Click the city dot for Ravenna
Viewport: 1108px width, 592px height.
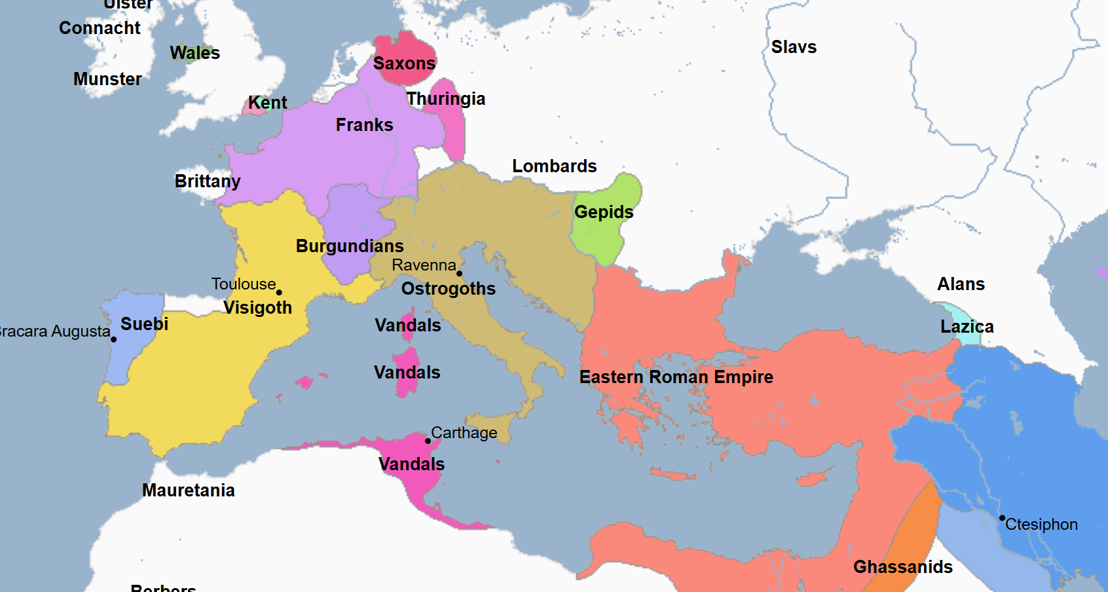pos(459,274)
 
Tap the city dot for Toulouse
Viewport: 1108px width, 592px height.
pos(279,293)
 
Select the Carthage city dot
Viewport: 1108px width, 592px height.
pos(428,441)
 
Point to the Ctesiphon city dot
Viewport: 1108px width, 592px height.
pos(1002,518)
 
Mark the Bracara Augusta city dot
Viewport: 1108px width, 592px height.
pos(113,339)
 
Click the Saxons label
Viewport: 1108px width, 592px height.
pos(404,64)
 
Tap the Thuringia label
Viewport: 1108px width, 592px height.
pos(445,99)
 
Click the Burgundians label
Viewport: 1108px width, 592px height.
pos(350,246)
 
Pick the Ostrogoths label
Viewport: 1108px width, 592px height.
pos(448,289)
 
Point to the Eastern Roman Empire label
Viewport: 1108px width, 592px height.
pos(676,377)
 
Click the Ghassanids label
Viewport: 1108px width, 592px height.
pos(902,567)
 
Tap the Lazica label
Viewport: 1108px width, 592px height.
pos(967,327)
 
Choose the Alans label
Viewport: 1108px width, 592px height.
pos(961,284)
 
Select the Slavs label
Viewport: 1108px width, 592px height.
pos(794,47)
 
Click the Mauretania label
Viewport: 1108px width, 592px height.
pos(188,490)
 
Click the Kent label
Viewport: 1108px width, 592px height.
pos(267,103)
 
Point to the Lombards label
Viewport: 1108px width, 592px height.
pos(554,166)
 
